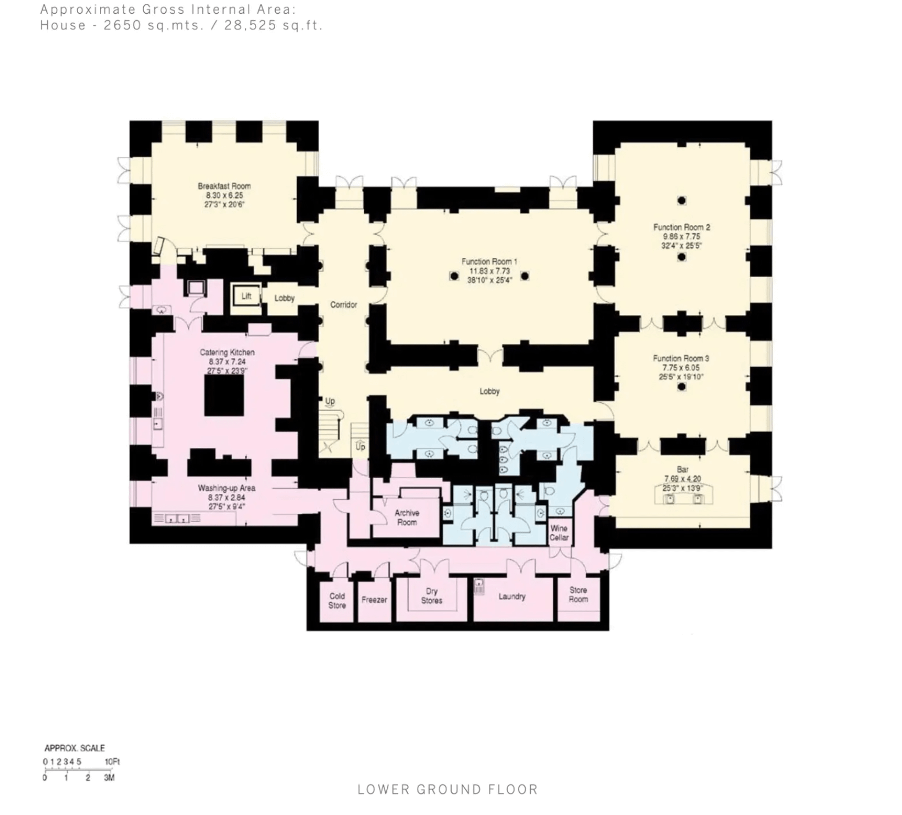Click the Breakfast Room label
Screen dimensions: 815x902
click(x=224, y=186)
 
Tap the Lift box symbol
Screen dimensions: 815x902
click(x=246, y=296)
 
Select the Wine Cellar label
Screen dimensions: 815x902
click(x=559, y=533)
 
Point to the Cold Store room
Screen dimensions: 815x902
click(x=337, y=600)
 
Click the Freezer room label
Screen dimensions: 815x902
click(x=374, y=600)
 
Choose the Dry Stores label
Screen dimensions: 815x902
click(x=431, y=596)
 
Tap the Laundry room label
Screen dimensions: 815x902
click(x=511, y=597)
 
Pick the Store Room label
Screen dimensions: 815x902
click(x=578, y=594)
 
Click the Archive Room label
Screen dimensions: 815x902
click(x=407, y=517)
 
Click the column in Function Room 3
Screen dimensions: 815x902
click(x=682, y=387)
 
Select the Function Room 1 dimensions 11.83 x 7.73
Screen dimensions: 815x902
click(x=489, y=271)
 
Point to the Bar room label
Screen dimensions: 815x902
click(x=682, y=470)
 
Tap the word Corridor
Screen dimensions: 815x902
click(x=343, y=305)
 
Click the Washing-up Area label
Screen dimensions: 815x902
click(x=226, y=488)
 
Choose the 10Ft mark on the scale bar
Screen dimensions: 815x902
click(x=112, y=762)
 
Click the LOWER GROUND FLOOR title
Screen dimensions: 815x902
click(x=447, y=790)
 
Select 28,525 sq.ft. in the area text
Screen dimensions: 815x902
click(x=273, y=25)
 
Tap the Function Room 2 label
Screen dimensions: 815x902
click(x=681, y=227)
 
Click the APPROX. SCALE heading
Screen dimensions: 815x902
click(x=74, y=748)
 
